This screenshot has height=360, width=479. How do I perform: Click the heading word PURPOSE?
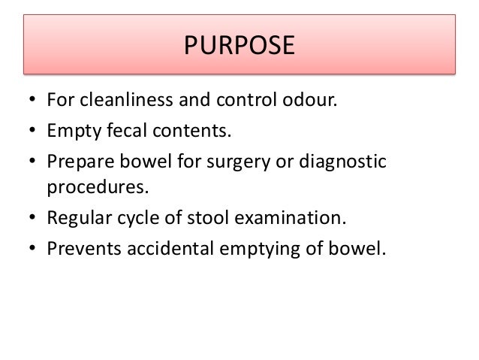tap(239, 47)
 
